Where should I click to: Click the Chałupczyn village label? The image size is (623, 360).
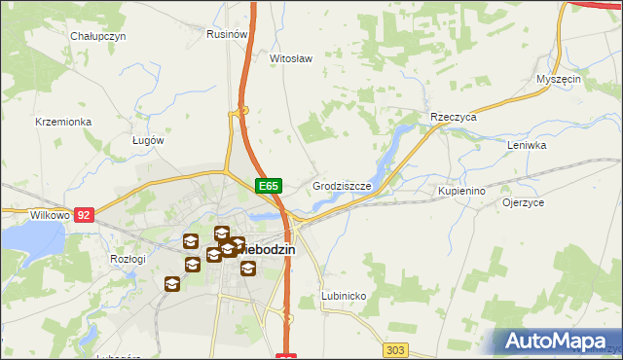(99, 36)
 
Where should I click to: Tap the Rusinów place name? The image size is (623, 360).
(225, 33)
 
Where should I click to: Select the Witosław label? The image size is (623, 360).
(290, 58)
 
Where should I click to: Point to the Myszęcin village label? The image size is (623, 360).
(559, 79)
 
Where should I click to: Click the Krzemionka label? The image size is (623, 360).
(63, 122)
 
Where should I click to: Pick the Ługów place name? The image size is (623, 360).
(148, 139)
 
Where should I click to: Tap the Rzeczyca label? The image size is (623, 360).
(453, 117)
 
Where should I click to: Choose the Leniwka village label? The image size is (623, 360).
(528, 145)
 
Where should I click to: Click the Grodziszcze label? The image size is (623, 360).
(340, 185)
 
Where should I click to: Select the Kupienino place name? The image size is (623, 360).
(461, 192)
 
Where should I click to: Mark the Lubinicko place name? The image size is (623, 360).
(343, 295)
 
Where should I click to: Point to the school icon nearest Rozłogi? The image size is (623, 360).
(172, 283)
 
